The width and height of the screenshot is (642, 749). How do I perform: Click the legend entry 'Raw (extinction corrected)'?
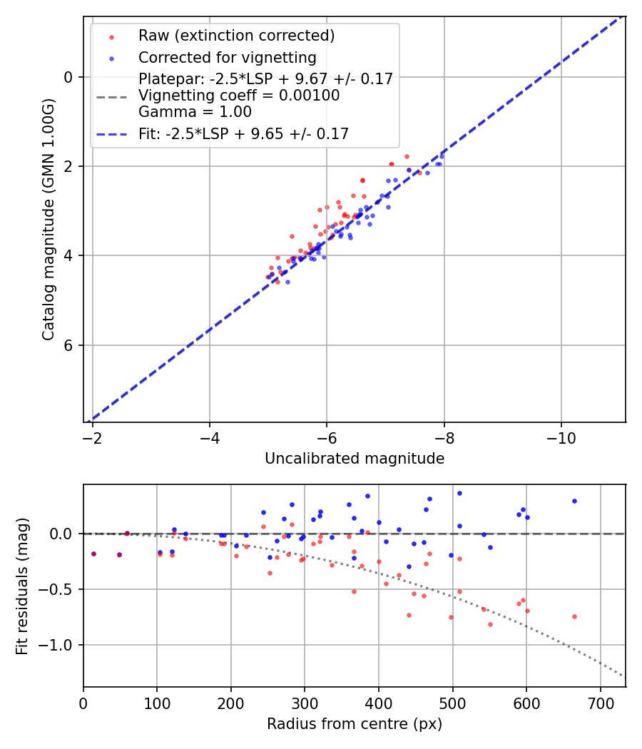click(x=236, y=36)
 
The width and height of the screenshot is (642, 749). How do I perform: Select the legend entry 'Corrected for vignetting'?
click(x=227, y=57)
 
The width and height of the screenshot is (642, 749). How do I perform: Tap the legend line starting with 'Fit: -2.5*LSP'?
click(x=243, y=133)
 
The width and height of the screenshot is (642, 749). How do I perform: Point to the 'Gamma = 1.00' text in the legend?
click(x=195, y=111)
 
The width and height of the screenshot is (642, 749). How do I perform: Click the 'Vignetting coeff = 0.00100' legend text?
click(x=239, y=96)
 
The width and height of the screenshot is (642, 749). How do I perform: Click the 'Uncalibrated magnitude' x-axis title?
click(x=355, y=459)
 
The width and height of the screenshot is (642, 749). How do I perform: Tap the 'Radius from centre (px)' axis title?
click(x=355, y=724)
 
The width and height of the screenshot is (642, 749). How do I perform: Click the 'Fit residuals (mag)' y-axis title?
click(x=23, y=586)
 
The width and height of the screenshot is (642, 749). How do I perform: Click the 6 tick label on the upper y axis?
click(x=68, y=345)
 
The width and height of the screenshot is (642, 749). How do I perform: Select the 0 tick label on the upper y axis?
click(x=68, y=77)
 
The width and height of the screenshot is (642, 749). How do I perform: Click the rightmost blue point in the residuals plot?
click(x=574, y=501)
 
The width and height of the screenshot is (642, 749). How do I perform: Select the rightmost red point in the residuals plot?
click(x=574, y=616)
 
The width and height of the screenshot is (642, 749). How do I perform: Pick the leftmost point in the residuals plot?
click(x=93, y=554)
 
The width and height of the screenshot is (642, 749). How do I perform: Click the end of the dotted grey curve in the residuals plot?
click(x=623, y=676)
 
